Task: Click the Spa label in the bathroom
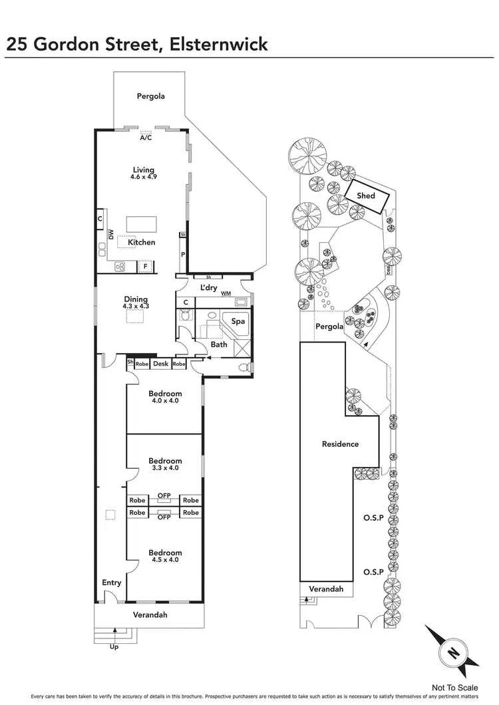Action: click(x=238, y=321)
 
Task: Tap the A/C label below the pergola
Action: click(x=146, y=138)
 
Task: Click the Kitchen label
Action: click(x=142, y=242)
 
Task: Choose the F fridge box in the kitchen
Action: click(x=145, y=267)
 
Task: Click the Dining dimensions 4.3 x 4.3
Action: click(x=135, y=307)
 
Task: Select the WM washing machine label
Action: click(x=226, y=293)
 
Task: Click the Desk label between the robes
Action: click(x=160, y=364)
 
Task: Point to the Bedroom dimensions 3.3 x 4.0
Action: click(x=165, y=468)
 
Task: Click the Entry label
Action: click(x=112, y=583)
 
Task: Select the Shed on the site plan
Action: click(x=366, y=196)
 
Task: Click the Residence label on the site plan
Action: click(x=340, y=444)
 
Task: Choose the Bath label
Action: click(x=219, y=345)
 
